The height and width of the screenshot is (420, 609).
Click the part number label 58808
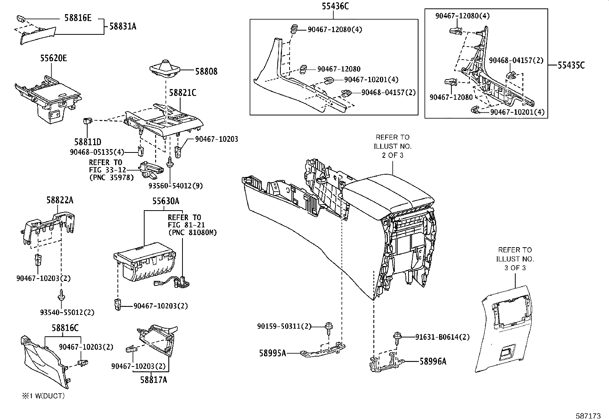tap(206, 71)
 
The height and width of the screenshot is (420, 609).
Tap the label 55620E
tap(54, 58)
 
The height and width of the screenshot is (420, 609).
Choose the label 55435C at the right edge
tap(571, 65)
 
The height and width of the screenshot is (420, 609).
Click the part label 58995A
tap(272, 353)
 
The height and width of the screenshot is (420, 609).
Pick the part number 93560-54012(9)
tap(176, 186)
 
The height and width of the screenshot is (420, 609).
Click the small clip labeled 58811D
tap(87, 122)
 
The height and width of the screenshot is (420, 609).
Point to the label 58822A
tap(60, 199)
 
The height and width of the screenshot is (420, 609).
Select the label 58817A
tap(153, 379)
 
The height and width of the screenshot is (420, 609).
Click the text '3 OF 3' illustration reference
tap(515, 268)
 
